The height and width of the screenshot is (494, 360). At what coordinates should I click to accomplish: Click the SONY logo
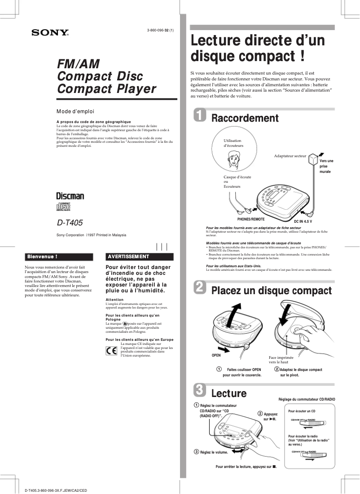[x=50, y=32]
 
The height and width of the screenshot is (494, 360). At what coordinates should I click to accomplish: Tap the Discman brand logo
[x=70, y=196]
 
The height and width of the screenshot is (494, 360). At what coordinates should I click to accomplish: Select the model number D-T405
[x=70, y=222]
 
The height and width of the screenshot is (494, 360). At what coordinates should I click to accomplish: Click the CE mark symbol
[x=111, y=351]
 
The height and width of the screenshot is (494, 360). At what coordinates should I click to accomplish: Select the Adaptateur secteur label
[x=290, y=156]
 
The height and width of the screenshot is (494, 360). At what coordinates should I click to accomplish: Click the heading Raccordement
[x=245, y=118]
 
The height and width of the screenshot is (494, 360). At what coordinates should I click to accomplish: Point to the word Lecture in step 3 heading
[x=229, y=393]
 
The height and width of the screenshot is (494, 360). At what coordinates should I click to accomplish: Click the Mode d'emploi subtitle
[x=75, y=111]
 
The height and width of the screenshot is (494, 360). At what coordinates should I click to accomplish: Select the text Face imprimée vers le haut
[x=281, y=360]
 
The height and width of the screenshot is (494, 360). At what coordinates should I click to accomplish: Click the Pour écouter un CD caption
[x=302, y=411]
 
